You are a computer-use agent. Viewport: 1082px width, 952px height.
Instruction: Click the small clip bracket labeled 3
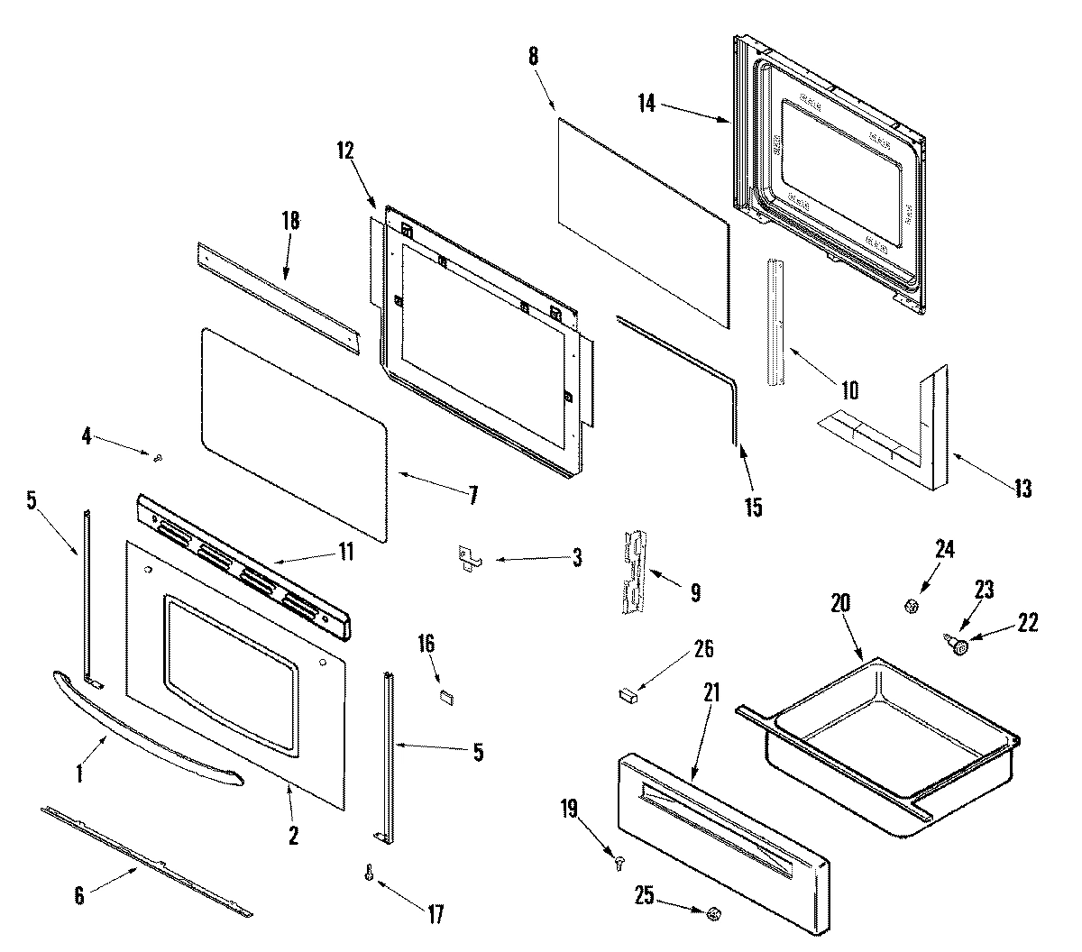[469, 558]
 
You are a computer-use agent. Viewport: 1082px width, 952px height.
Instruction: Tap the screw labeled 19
[619, 862]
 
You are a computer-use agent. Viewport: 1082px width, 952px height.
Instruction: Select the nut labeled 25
[712, 914]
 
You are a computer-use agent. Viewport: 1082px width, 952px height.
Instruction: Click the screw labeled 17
[369, 874]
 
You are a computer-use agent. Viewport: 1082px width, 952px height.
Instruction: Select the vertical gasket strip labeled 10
[778, 322]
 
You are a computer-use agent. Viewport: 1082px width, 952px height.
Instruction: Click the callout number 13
[1022, 489]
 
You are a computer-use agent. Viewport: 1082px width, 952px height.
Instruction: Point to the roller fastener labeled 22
[960, 645]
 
